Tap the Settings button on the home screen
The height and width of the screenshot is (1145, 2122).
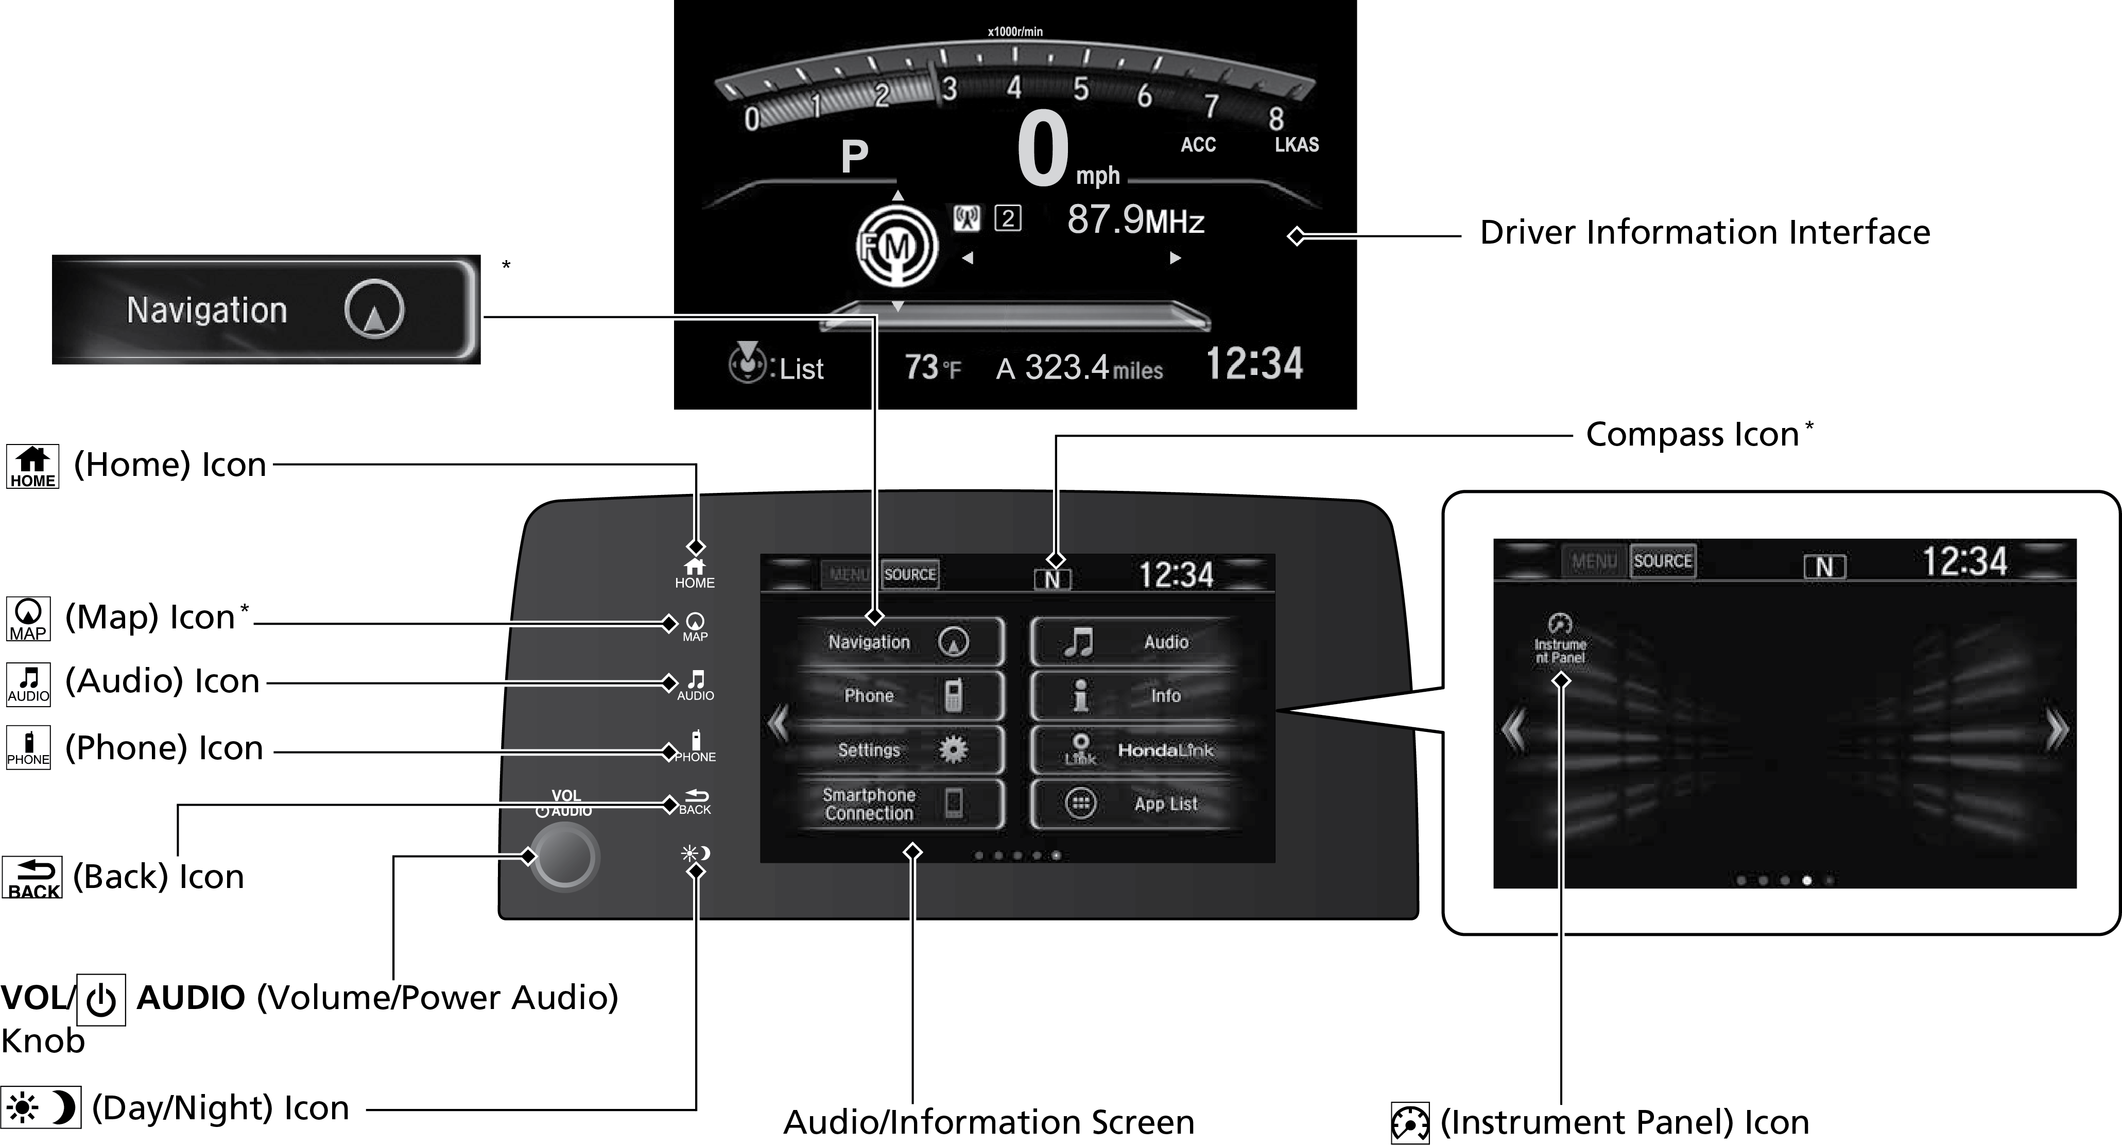point(901,749)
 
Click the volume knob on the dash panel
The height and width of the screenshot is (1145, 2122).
point(564,857)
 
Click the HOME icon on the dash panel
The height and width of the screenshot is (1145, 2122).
point(695,572)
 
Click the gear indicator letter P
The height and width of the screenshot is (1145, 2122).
point(854,157)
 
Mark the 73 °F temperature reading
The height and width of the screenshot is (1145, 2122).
point(933,367)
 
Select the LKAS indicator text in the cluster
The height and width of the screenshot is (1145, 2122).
point(1297,145)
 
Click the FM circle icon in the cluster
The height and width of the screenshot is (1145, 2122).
point(896,246)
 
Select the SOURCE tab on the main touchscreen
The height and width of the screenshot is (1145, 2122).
point(909,574)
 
